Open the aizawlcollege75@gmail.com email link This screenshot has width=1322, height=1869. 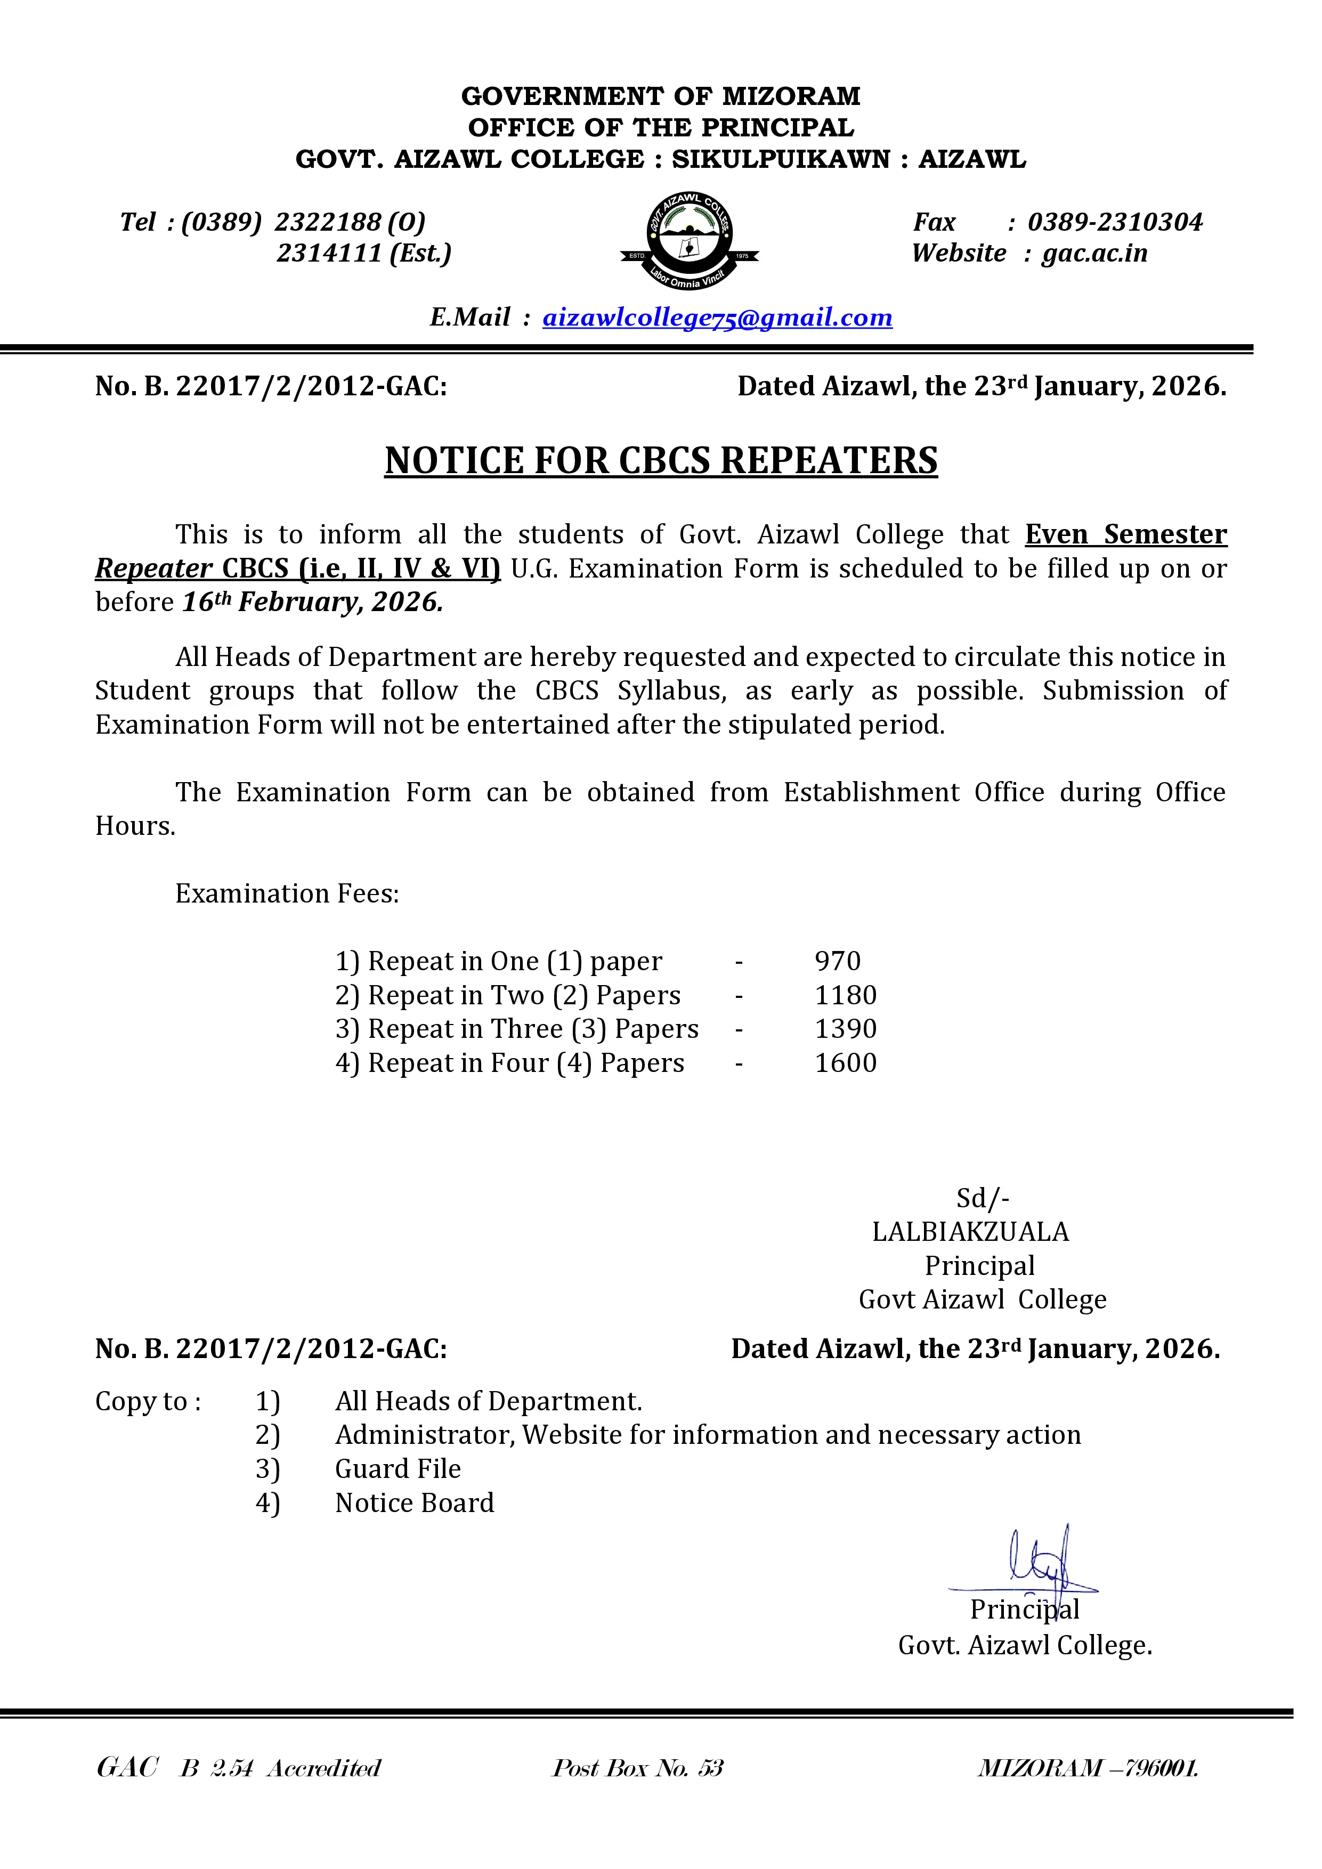(x=717, y=318)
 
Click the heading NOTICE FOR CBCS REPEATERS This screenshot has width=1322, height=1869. (x=661, y=461)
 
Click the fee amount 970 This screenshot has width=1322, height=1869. (x=838, y=961)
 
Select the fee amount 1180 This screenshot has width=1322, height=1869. (x=846, y=996)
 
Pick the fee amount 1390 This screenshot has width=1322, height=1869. (x=846, y=1029)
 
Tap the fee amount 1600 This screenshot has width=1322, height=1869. (x=846, y=1063)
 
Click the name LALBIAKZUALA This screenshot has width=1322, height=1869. (x=970, y=1232)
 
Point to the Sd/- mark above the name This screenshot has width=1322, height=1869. (x=983, y=1198)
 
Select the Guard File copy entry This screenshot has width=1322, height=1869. (x=398, y=1468)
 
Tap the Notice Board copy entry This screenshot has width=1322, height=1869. (x=415, y=1502)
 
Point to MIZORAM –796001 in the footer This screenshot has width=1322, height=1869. (x=1088, y=1768)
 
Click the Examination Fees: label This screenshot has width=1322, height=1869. (x=287, y=894)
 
